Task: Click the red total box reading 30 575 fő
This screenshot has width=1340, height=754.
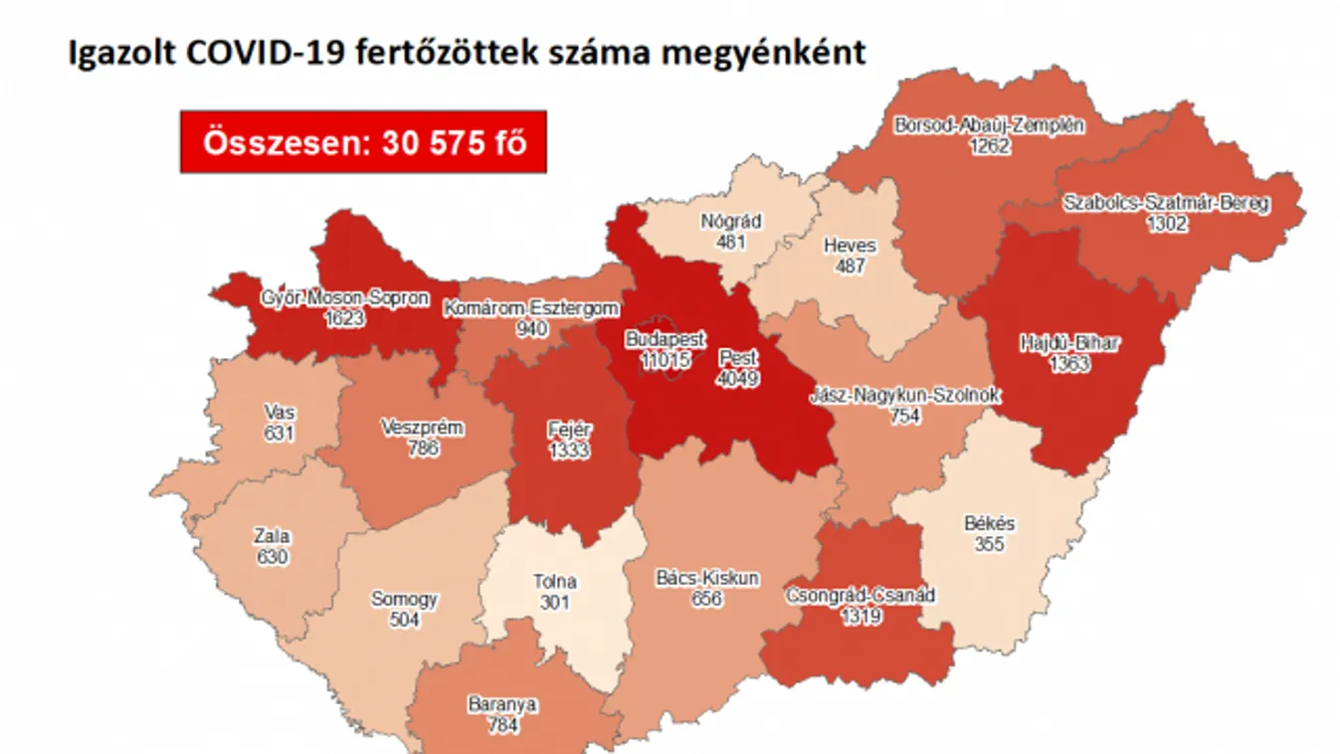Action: click(363, 142)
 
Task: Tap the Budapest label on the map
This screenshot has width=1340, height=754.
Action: click(665, 340)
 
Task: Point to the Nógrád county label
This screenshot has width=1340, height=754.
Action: click(730, 222)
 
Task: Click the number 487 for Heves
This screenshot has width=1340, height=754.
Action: click(850, 267)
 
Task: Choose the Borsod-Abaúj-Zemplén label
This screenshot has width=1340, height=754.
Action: click(990, 126)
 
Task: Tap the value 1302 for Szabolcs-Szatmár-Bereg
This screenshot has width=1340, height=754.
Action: click(1166, 224)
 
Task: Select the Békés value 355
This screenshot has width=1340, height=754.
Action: click(990, 544)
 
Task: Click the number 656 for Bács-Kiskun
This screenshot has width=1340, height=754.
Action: click(707, 599)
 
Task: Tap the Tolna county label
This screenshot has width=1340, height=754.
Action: click(554, 582)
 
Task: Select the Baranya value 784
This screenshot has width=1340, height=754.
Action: click(503, 725)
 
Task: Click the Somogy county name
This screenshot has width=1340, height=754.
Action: click(404, 600)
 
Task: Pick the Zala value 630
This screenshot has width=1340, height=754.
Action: click(272, 557)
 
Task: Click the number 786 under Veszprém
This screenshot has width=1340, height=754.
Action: click(423, 449)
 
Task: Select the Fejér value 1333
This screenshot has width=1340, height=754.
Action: click(569, 451)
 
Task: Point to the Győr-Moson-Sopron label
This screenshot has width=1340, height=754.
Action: click(344, 297)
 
